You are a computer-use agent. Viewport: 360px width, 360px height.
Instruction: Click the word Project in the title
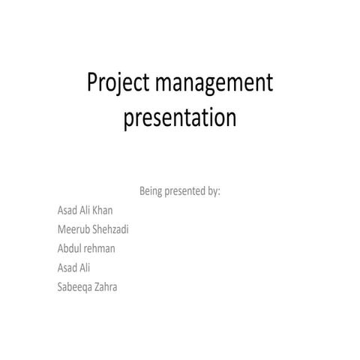tap(118, 84)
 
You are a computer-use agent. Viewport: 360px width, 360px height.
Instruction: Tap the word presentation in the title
tap(180, 119)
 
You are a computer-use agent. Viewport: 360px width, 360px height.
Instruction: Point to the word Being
tap(153, 191)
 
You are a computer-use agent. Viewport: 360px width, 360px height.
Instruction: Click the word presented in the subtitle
tap(187, 191)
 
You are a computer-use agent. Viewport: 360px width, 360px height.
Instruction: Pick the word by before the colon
tap(212, 191)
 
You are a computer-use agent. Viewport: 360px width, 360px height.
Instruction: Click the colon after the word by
tap(219, 192)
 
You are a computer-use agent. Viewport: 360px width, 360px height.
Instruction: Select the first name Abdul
tap(68, 247)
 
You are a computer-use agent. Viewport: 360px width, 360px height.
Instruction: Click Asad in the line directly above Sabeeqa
tap(66, 266)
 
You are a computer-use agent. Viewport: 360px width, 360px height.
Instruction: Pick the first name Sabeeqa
tap(74, 286)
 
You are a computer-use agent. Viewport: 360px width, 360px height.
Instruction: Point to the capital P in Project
tap(93, 83)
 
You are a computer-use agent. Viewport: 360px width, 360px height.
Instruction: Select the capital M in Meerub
tap(60, 229)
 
